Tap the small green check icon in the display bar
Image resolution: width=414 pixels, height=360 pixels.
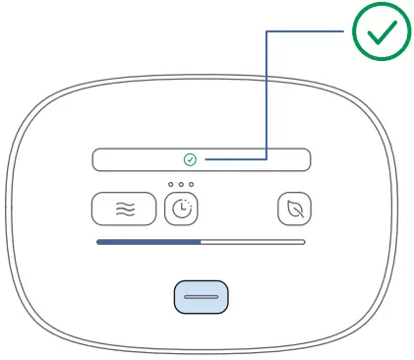pyautogui.click(x=190, y=159)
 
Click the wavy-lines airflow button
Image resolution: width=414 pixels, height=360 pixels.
pyautogui.click(x=124, y=209)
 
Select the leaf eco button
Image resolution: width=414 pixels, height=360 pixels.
pyautogui.click(x=292, y=209)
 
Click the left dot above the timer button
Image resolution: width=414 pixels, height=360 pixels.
pyautogui.click(x=170, y=185)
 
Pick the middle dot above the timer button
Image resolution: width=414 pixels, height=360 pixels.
pyautogui.click(x=181, y=185)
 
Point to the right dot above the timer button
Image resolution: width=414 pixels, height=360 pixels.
pyautogui.click(x=192, y=185)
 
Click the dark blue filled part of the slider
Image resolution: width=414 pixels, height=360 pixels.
pyautogui.click(x=148, y=241)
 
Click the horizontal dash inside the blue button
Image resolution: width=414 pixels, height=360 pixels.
pyautogui.click(x=201, y=296)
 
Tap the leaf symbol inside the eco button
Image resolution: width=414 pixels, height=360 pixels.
pyautogui.click(x=292, y=209)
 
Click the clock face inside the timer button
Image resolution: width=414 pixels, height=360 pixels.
pyautogui.click(x=181, y=210)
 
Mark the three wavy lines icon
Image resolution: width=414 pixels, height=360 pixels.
pyautogui.click(x=124, y=209)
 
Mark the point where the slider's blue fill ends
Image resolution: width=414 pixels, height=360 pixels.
pyautogui.click(x=201, y=241)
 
